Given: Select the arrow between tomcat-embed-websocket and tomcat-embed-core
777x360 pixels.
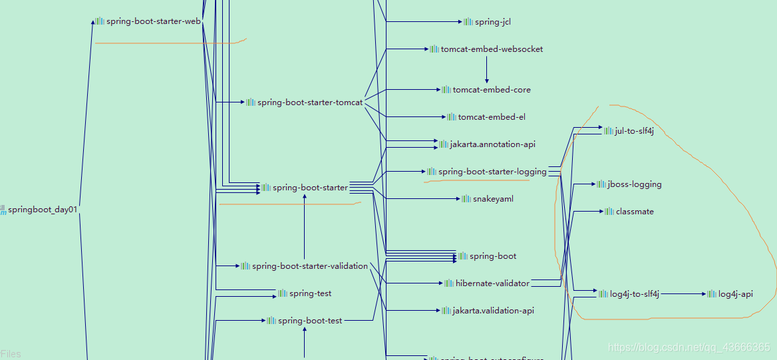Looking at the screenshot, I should tap(487, 69).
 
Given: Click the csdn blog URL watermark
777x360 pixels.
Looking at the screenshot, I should tap(689, 347).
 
